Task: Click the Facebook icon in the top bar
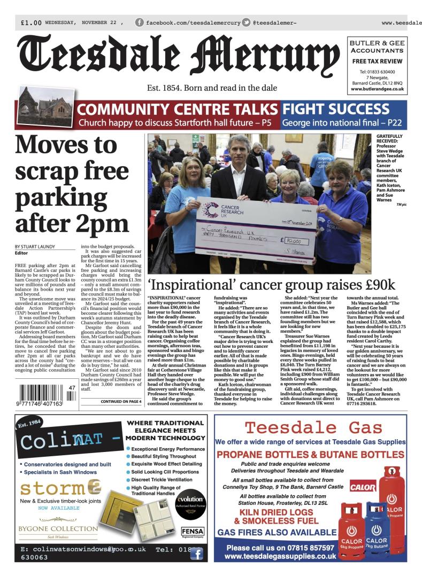[x=139, y=22]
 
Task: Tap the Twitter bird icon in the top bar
[x=246, y=22]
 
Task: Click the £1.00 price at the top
[x=31, y=23]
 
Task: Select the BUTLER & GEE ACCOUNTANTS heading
[x=377, y=46]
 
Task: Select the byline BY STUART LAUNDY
[x=37, y=246]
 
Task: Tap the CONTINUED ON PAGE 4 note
[x=120, y=401]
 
